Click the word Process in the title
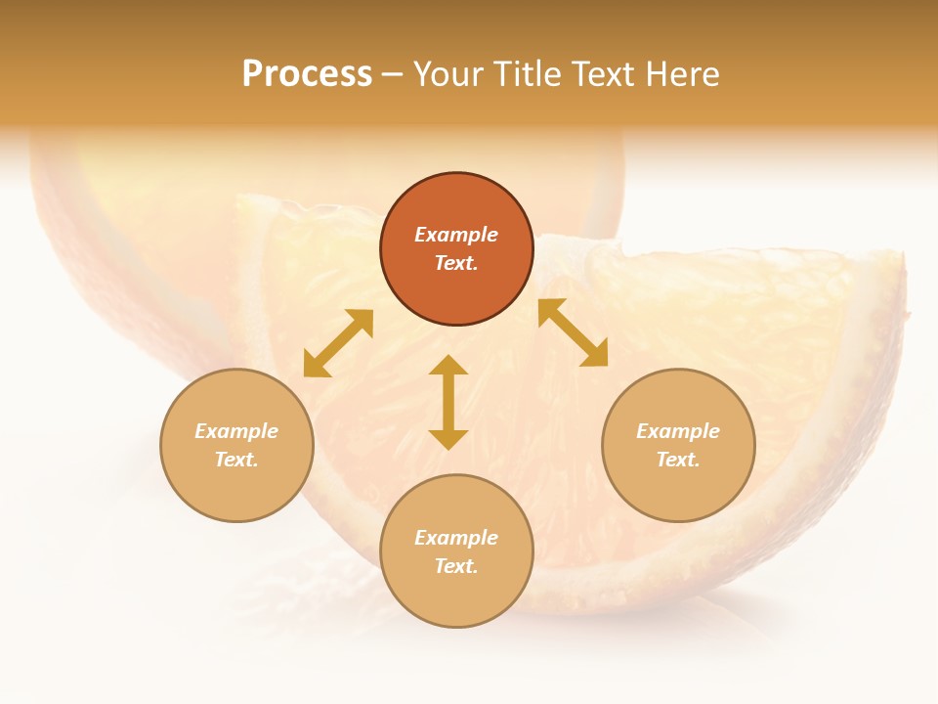click(307, 74)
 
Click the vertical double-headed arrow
click(448, 402)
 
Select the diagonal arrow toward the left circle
click(338, 343)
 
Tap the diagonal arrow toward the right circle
click(574, 332)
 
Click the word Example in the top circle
click(456, 235)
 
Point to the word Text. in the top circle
click(456, 263)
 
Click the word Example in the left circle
click(236, 431)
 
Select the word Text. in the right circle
click(678, 460)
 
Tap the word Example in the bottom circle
click(456, 538)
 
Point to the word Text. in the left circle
click(236, 460)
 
